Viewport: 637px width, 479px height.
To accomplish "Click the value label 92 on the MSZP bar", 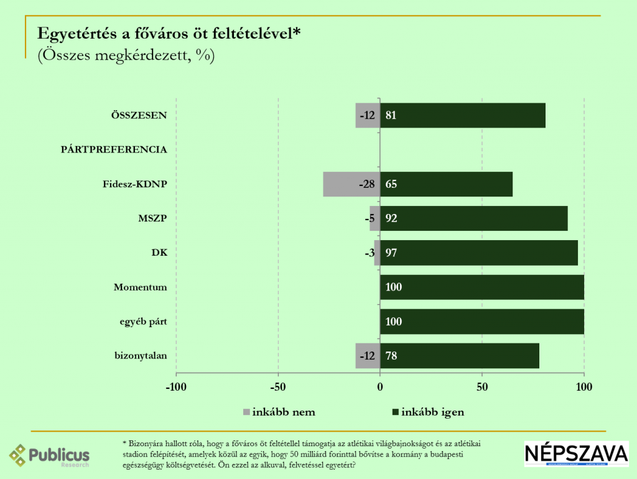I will [x=391, y=218].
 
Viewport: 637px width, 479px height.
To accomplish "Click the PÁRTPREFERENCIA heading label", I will [x=113, y=150].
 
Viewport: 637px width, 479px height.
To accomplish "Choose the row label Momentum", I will [x=141, y=287].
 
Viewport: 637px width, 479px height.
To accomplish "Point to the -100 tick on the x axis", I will [x=176, y=388].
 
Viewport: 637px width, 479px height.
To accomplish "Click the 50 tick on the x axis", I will [x=482, y=388].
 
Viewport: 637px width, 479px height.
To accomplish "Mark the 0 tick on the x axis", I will [x=380, y=388].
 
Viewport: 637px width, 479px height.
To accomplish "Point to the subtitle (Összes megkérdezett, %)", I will [x=126, y=55].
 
